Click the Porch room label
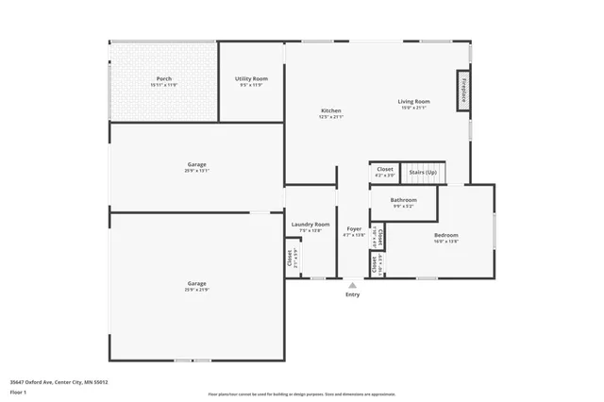point(164,78)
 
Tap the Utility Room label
point(251,78)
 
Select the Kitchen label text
point(330,110)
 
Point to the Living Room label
point(413,101)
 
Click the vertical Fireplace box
point(464,91)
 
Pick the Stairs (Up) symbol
point(423,173)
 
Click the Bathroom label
point(404,200)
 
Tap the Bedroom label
point(445,235)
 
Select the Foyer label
point(354,229)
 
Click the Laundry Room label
point(310,225)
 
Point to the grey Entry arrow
point(352,284)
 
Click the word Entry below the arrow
point(352,294)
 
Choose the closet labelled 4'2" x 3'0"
point(385,172)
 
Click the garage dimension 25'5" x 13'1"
point(196,171)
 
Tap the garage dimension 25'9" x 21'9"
point(196,289)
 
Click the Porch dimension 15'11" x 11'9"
point(164,85)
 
